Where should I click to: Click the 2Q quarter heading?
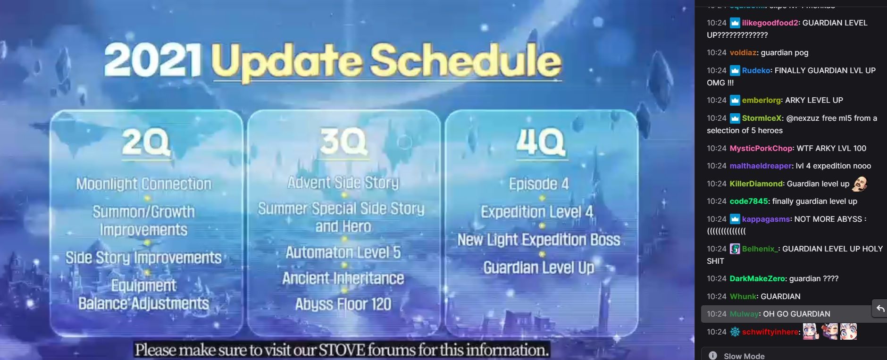point(145,142)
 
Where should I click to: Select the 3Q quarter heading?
point(343,141)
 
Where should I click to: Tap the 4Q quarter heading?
point(540,142)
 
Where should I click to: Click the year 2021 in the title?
point(153,60)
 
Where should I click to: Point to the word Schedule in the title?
point(466,60)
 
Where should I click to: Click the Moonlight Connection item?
point(144,184)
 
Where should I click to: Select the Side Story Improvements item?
point(143,258)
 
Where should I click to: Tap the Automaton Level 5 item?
point(343,252)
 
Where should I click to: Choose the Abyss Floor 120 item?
point(343,304)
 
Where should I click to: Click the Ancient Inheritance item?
point(343,278)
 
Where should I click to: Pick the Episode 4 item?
point(539,184)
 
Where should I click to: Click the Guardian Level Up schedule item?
point(539,268)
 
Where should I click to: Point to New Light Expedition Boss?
point(539,240)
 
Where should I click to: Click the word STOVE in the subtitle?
point(342,350)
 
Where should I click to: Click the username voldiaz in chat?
point(743,53)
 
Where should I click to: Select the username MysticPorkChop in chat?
point(761,148)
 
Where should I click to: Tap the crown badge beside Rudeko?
point(735,71)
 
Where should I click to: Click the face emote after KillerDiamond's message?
point(860,184)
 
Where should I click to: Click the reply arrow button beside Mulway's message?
point(880,309)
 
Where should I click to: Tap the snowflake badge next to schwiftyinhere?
point(735,332)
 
